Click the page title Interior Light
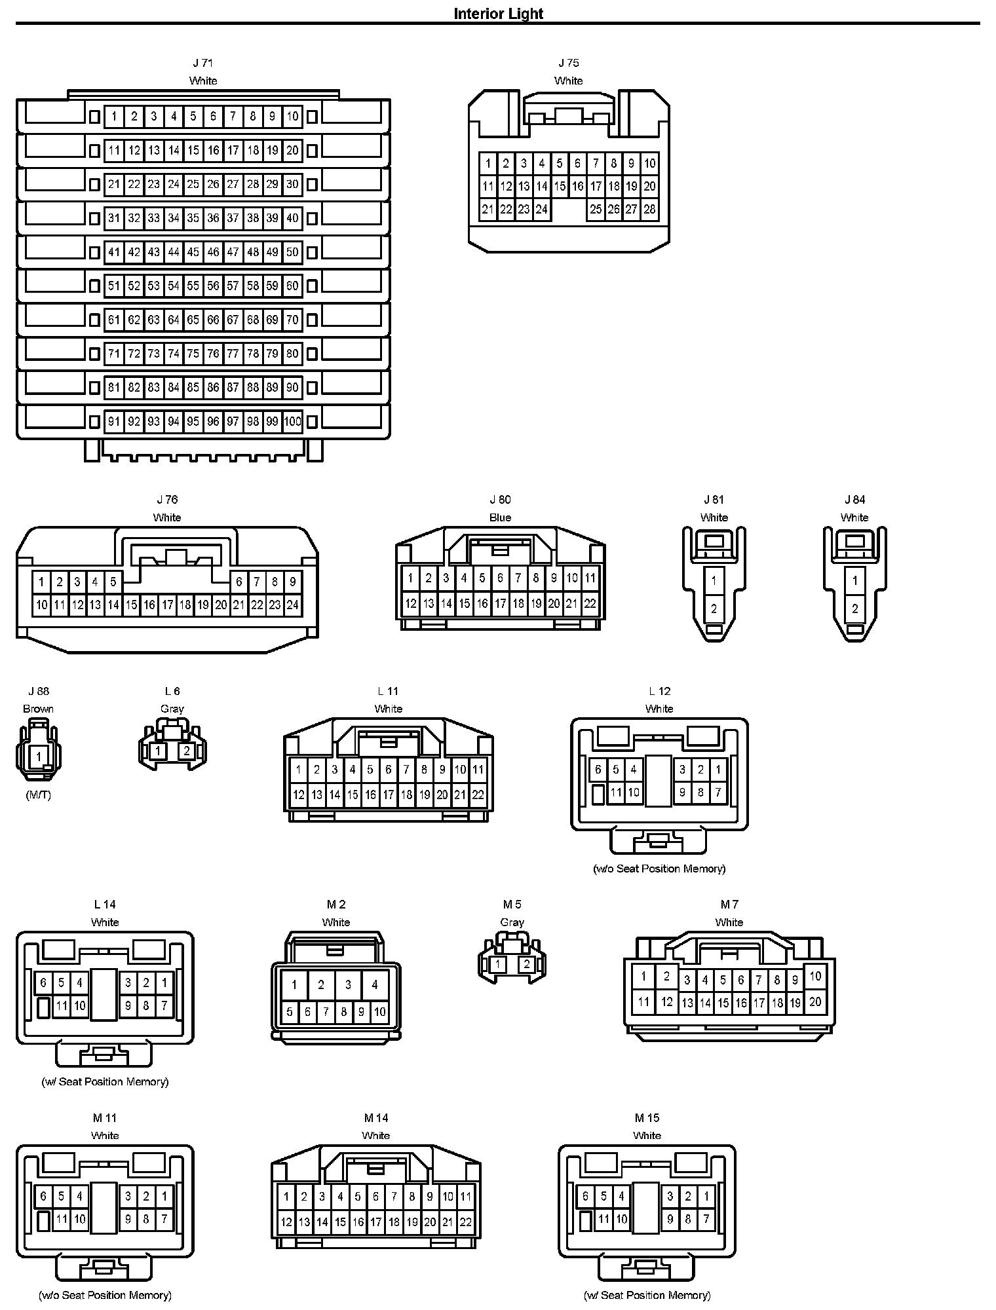(498, 14)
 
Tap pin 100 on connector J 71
(292, 421)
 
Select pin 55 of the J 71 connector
(193, 286)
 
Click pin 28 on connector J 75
(649, 210)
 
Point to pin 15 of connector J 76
(131, 605)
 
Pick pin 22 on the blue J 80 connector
(590, 603)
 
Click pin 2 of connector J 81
(714, 608)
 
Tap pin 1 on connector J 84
(854, 580)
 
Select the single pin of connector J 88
(39, 757)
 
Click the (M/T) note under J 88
(38, 795)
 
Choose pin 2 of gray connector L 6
(186, 751)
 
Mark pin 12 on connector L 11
(299, 795)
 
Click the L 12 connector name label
(659, 691)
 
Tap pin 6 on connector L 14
(43, 982)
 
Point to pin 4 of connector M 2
(374, 984)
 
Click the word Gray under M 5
(512, 922)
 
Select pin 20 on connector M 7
(815, 1001)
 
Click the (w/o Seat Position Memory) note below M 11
(105, 1295)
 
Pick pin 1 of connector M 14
(286, 1197)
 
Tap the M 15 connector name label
(647, 1118)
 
